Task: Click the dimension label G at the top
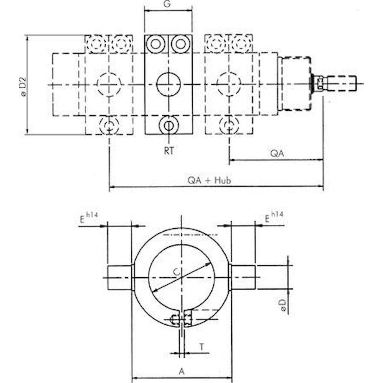click(x=168, y=4)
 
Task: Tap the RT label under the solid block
click(x=169, y=151)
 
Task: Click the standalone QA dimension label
click(x=277, y=154)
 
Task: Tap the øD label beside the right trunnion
click(x=283, y=307)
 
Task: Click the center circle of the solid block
click(x=169, y=84)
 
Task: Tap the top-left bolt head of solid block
click(x=155, y=44)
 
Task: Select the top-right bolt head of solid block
click(x=180, y=44)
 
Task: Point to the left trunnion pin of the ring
click(x=119, y=277)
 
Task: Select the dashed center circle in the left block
click(x=109, y=84)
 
